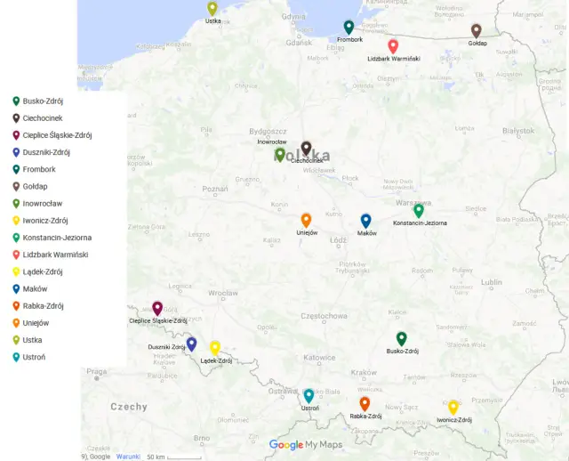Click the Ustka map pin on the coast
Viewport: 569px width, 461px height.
tap(212, 9)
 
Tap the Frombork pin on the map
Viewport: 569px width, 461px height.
tap(349, 28)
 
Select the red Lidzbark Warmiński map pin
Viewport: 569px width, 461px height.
tap(393, 46)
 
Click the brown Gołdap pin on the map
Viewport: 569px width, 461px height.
tap(476, 31)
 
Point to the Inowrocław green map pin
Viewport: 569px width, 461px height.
tap(280, 155)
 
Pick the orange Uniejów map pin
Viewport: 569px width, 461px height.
tap(306, 220)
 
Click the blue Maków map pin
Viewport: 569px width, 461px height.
tap(365, 221)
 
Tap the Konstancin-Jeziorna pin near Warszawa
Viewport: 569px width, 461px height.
tap(419, 211)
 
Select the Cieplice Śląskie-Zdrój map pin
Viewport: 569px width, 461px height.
tap(157, 309)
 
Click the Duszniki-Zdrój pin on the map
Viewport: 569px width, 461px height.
tap(191, 344)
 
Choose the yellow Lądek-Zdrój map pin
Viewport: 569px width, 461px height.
tap(214, 348)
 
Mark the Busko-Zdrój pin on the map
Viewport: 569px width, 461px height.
tap(401, 339)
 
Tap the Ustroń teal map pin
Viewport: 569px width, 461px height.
tap(309, 396)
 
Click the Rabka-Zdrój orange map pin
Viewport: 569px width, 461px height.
tap(365, 404)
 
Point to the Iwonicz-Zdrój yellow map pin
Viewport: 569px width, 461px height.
tap(453, 408)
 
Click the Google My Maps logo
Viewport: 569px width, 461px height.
tap(306, 445)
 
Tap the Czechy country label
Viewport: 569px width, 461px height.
tap(128, 407)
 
